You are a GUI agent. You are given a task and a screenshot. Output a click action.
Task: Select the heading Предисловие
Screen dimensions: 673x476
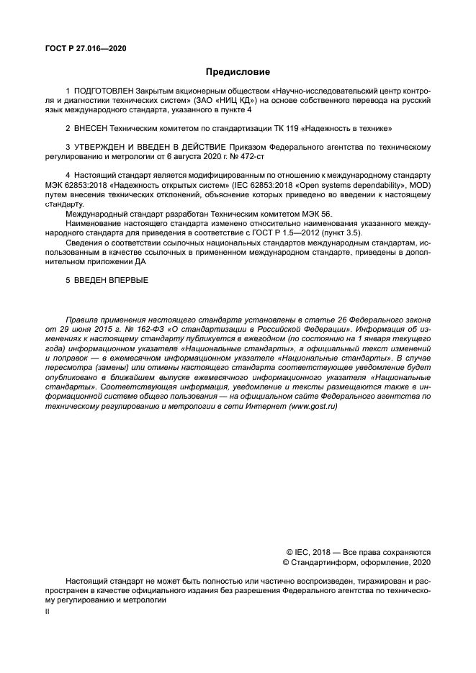point(238,72)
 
